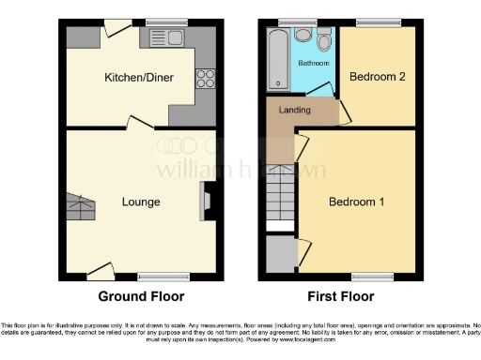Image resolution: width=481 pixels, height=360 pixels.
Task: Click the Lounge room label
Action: click(x=140, y=202)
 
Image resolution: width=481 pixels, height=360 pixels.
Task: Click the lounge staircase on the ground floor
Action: click(x=81, y=203)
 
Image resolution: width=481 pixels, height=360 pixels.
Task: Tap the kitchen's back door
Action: click(x=116, y=29)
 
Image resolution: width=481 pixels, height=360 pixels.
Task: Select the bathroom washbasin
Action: click(x=302, y=35)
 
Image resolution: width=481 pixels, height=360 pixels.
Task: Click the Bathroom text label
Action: click(x=314, y=63)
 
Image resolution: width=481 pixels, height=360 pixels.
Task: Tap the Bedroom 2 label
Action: click(x=377, y=77)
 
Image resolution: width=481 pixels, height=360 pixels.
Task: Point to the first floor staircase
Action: click(x=280, y=197)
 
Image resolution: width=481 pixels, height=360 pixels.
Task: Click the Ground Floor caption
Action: click(x=141, y=295)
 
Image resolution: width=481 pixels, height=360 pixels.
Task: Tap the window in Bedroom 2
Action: click(x=377, y=22)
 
